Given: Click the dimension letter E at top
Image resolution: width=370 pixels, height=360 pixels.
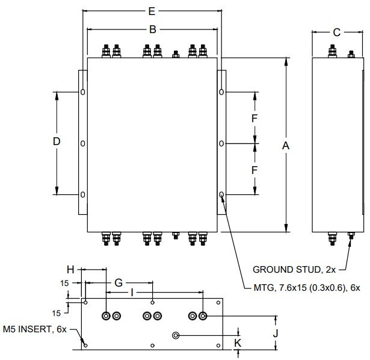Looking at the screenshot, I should point(152,11).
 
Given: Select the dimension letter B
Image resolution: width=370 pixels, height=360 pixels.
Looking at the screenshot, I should point(152,29).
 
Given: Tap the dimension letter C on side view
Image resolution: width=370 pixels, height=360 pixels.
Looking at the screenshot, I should point(337,33).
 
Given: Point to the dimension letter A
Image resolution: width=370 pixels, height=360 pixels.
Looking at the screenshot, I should point(286,145).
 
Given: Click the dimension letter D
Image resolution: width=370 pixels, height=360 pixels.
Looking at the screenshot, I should point(57,142).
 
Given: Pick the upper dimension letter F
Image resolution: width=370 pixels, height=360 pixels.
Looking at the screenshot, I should point(254,118).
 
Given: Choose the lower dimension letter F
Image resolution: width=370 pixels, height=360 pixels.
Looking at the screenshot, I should point(254,170).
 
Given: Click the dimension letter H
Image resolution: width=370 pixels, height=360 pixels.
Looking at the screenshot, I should point(70,270).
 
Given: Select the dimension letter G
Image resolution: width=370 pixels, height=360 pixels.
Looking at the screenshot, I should point(119,282).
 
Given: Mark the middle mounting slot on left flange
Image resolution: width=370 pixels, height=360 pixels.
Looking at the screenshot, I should point(82,143).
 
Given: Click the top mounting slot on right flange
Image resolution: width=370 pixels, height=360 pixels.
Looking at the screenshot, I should point(221,92).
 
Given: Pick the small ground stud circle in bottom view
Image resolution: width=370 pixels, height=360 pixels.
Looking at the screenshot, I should point(176,335).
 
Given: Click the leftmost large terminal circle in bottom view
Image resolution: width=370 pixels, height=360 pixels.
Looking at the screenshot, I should point(106,315).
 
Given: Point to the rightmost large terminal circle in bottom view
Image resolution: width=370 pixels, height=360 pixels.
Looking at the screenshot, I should point(203,315).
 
